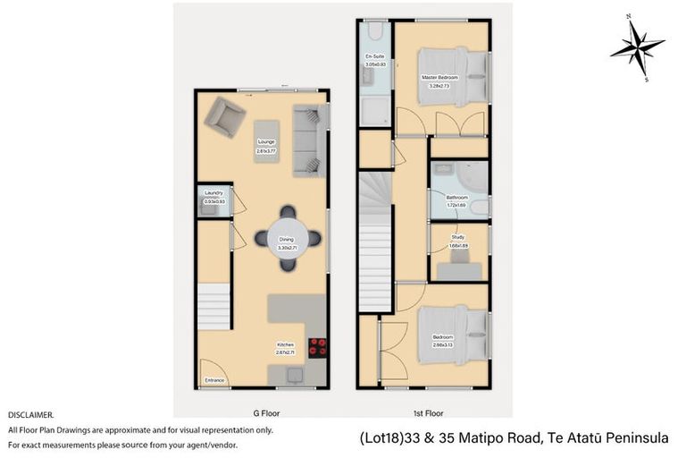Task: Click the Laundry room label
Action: [213, 192]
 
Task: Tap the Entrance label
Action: [214, 381]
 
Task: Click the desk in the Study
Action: [463, 258]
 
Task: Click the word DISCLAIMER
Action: [31, 415]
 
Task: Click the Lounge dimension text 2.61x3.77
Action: [266, 149]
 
